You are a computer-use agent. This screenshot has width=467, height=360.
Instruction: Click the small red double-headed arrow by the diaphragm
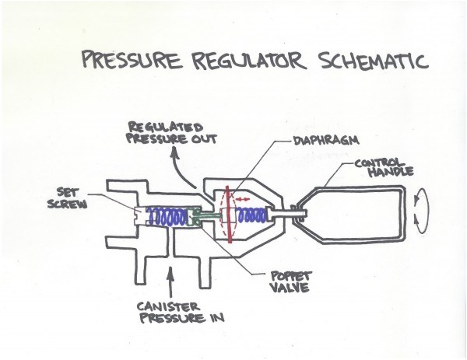(x=241, y=200)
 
